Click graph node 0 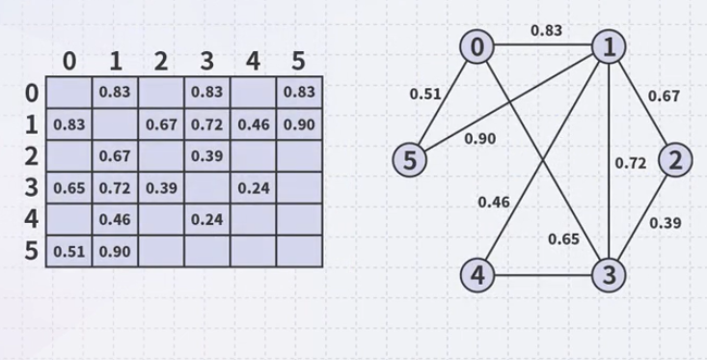click(477, 45)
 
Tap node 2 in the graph click(675, 159)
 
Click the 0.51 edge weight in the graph click(425, 95)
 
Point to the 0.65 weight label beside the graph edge click(563, 238)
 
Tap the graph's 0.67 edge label click(664, 96)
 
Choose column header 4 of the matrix click(253, 62)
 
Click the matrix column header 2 click(161, 62)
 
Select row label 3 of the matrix click(32, 187)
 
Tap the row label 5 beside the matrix click(32, 251)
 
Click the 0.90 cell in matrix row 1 click(298, 125)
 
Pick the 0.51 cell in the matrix click(68, 251)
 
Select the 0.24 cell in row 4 click(206, 219)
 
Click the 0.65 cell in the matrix click(68, 187)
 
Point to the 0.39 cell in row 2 click(206, 156)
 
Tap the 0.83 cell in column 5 click(298, 94)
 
